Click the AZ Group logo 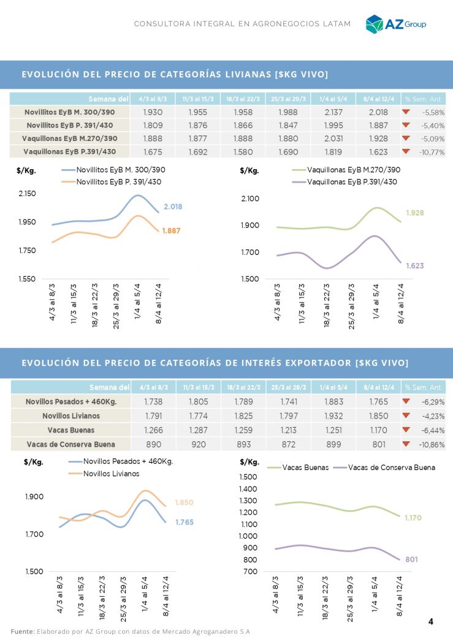[395, 23]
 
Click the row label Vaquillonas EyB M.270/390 [69, 138]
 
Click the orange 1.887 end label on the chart [172, 231]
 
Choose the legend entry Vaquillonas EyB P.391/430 [352, 182]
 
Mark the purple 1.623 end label [414, 266]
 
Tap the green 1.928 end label [415, 213]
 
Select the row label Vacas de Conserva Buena [70, 444]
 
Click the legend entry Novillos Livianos [111, 474]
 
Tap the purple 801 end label [411, 559]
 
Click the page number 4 [430, 622]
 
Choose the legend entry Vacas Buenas [305, 468]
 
